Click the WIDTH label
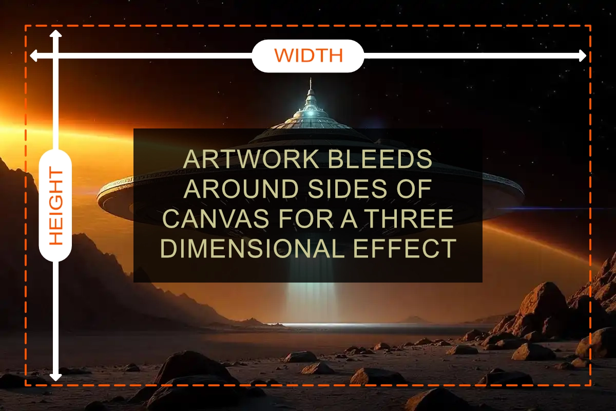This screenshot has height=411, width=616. coord(309,55)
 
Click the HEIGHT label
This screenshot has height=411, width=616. coord(56,206)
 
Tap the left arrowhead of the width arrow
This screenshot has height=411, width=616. coord(34,56)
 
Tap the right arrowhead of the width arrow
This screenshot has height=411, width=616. coord(582,56)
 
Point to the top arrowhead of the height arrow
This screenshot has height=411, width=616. coord(55,34)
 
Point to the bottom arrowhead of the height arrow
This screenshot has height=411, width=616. coord(55,377)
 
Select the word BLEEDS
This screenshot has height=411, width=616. coord(380,159)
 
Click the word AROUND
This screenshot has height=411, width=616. coord(241,189)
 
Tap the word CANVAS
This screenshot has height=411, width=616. coord(215,218)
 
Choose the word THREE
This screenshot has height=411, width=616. coord(410,218)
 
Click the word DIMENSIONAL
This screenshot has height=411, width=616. coord(252,248)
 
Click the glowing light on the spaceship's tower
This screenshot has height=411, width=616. coord(311,113)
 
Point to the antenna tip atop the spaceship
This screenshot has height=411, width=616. coord(311,79)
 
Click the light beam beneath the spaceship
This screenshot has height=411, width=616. coord(312,303)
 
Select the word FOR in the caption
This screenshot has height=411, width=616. coord(304,218)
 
